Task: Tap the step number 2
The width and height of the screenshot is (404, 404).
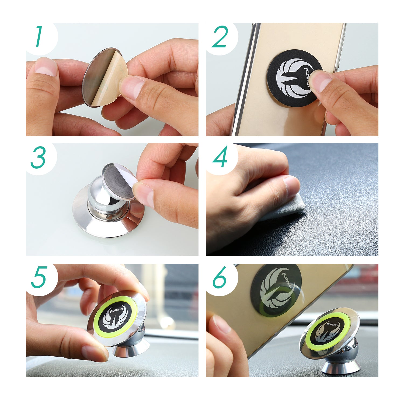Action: click(x=220, y=37)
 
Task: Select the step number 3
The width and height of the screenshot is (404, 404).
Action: click(x=38, y=158)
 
